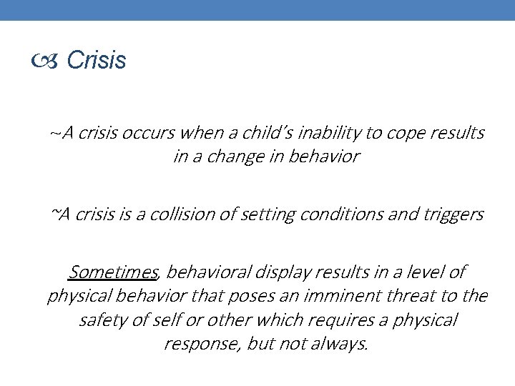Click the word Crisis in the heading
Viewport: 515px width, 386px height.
pos(97,61)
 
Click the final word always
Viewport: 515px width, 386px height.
pos(342,343)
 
